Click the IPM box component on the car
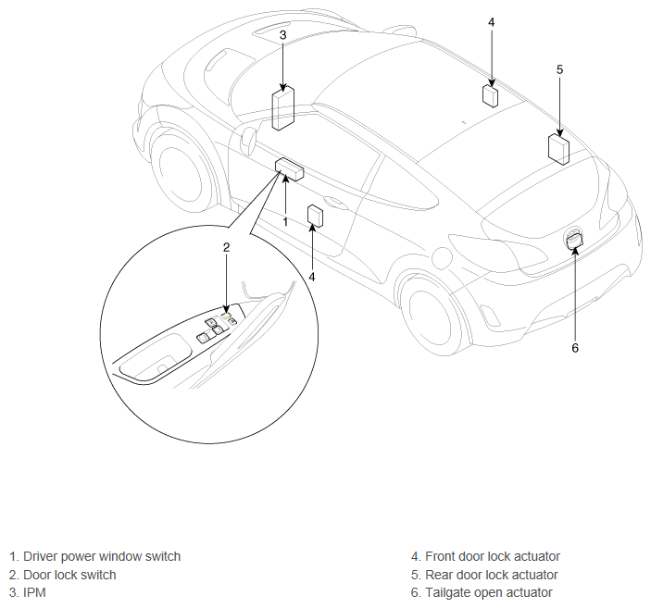(283, 108)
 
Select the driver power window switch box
(289, 169)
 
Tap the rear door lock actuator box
(558, 149)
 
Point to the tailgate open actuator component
(574, 240)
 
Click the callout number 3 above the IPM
(282, 35)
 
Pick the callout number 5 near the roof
(559, 69)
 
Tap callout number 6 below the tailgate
(575, 348)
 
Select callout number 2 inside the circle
(226, 248)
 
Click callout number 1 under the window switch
(285, 222)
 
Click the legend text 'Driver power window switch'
(102, 556)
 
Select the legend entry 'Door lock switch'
(69, 575)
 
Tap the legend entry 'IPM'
(34, 592)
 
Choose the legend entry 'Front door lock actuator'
(493, 556)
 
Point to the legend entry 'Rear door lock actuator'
(492, 575)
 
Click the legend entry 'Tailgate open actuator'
(489, 592)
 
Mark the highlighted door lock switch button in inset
(227, 316)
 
